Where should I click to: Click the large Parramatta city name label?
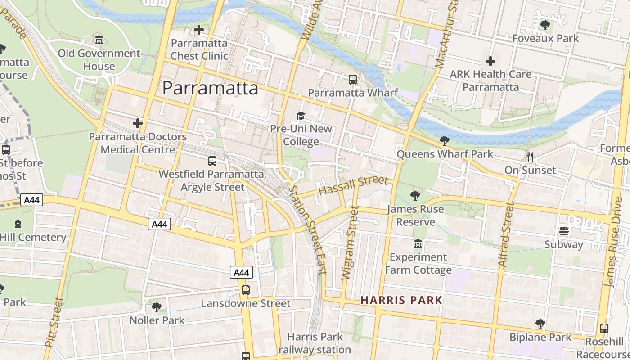[210, 88]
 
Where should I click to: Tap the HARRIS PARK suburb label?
[401, 300]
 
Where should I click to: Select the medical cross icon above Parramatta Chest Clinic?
[198, 30]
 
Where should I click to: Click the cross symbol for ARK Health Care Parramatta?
[490, 61]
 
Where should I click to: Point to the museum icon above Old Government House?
[99, 40]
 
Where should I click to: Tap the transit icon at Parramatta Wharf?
[353, 80]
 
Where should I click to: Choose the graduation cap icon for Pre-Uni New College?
[301, 116]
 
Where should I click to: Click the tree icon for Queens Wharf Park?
[444, 141]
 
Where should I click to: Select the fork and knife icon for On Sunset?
[530, 157]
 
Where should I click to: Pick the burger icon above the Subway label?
[563, 231]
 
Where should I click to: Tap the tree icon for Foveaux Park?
[545, 25]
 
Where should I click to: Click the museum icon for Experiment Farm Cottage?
[418, 243]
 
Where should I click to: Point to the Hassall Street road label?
[353, 185]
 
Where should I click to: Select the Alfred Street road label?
[506, 235]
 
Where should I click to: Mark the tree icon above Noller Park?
[157, 307]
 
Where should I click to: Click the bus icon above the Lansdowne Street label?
[245, 290]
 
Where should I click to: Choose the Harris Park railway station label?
[315, 343]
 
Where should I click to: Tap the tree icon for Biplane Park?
[540, 324]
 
